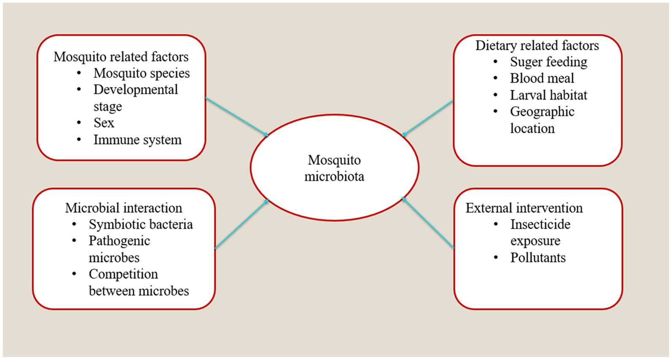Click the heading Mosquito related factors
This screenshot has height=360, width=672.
click(x=121, y=56)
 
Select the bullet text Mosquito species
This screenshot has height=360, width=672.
click(x=142, y=73)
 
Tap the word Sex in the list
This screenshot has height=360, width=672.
click(x=104, y=123)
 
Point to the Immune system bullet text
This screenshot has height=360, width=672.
click(x=137, y=140)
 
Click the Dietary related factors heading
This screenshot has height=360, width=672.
click(x=537, y=46)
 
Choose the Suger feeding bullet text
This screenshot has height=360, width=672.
click(x=548, y=62)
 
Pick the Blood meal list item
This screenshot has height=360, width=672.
click(x=542, y=78)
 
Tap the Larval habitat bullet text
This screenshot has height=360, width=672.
click(x=548, y=95)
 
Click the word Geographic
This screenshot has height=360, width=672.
click(x=542, y=112)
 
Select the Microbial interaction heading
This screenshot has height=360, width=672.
click(x=124, y=208)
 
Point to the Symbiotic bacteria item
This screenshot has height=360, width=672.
click(x=141, y=224)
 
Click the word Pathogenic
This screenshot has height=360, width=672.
click(x=119, y=241)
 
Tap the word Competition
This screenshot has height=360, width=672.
click(x=123, y=274)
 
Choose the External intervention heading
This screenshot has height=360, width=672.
click(x=524, y=208)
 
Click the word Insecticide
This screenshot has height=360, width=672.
click(x=540, y=224)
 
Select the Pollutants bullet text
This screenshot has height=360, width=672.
click(x=538, y=258)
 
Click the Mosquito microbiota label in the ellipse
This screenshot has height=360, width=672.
click(x=334, y=168)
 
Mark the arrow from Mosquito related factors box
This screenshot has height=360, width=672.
click(x=237, y=117)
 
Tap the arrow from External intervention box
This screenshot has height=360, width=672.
click(x=428, y=223)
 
